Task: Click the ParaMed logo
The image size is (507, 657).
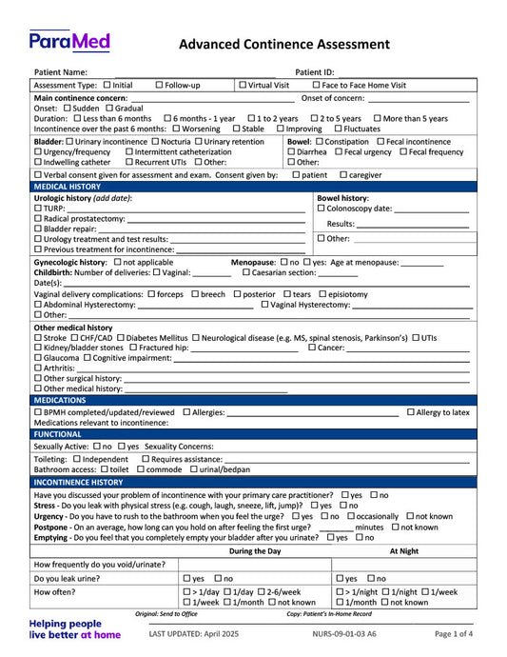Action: coord(69,42)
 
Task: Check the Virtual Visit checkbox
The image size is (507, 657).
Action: coord(243,86)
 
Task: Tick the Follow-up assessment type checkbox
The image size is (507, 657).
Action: coord(159,86)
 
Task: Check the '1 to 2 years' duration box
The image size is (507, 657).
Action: coord(251,119)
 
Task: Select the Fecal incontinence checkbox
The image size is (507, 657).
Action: coord(380,142)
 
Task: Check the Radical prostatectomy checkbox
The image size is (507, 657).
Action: coord(38,219)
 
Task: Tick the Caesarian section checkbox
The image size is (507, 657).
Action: coord(247,272)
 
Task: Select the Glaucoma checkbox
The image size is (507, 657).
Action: coord(38,358)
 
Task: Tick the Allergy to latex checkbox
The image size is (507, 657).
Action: coord(411,412)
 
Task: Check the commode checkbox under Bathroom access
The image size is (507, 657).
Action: coord(142,469)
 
